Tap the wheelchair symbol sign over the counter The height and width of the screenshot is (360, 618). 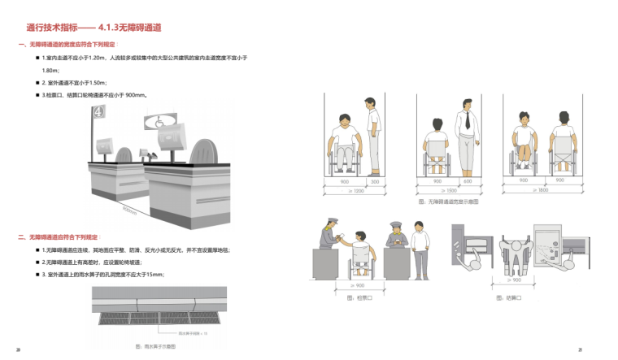(159, 122)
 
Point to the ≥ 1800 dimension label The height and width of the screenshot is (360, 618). (541, 189)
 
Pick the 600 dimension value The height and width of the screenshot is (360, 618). (468, 180)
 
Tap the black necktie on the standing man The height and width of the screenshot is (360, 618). (467, 123)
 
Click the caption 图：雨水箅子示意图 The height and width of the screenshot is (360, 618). (156, 346)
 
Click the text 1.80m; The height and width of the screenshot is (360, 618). (50, 71)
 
